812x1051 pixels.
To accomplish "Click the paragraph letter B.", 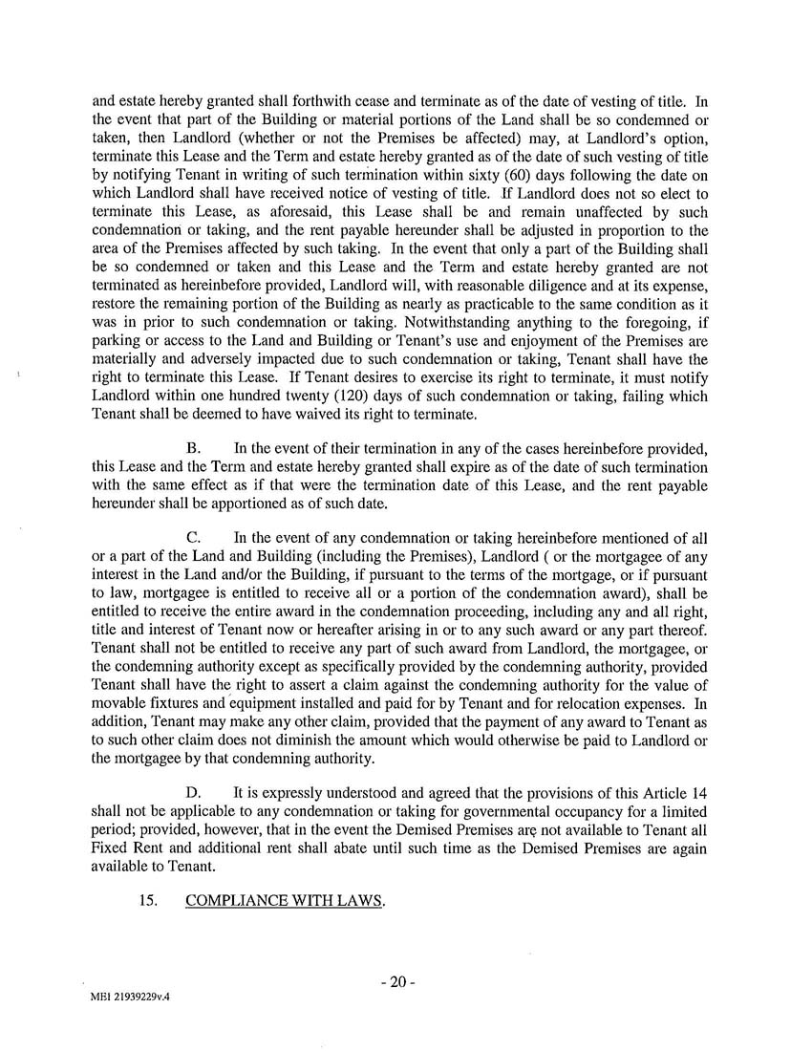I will (x=192, y=448).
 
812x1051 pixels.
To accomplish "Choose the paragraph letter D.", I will (x=193, y=792).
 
